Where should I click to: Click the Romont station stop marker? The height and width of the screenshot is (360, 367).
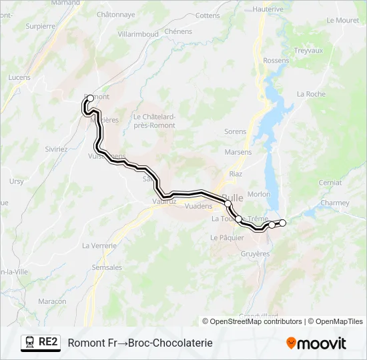click(x=90, y=98)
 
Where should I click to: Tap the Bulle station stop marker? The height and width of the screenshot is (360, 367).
click(x=228, y=203)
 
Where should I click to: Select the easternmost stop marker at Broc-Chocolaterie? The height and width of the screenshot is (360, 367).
click(x=283, y=223)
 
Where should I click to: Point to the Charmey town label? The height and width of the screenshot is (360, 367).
click(x=334, y=203)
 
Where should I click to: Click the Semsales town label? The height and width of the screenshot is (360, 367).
click(x=107, y=267)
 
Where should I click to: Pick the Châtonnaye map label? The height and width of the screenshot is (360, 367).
click(x=115, y=14)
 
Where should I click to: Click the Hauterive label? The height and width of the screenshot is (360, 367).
click(x=269, y=9)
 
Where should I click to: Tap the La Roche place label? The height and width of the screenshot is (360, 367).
click(x=311, y=94)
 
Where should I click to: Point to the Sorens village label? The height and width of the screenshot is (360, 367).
click(x=236, y=131)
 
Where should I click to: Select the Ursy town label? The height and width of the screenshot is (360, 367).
click(x=16, y=181)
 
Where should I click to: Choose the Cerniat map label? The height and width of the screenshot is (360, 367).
click(x=330, y=182)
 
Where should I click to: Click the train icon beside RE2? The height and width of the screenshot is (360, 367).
click(x=29, y=342)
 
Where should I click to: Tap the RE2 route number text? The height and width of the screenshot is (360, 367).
click(x=49, y=342)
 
